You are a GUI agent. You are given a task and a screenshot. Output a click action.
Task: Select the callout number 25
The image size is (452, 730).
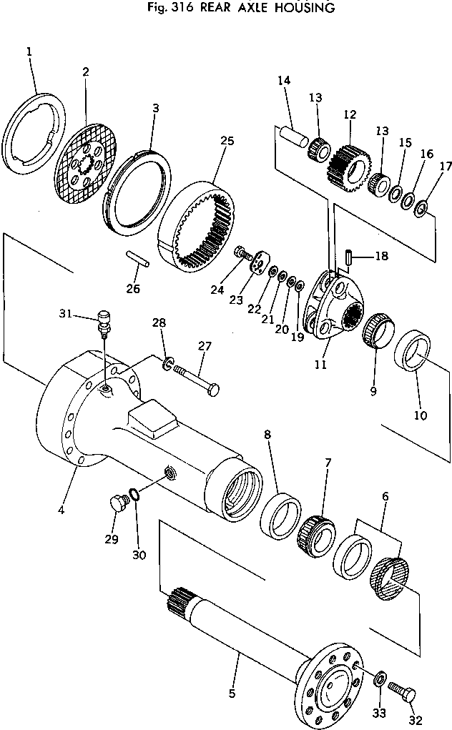[x=227, y=141]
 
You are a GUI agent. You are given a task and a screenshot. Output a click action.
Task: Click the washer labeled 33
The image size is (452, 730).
[x=381, y=676]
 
